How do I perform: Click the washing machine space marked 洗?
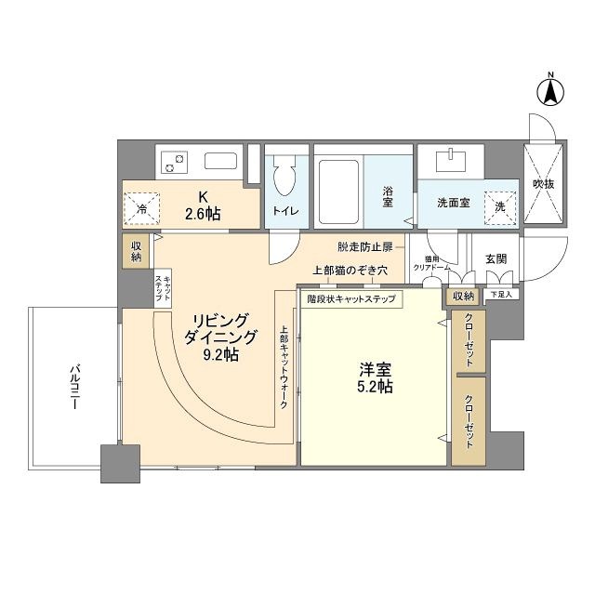pos(499,207)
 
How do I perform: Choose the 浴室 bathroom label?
pos(388,196)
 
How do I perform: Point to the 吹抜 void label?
pos(544,184)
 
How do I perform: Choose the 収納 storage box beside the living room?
pos(136,250)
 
